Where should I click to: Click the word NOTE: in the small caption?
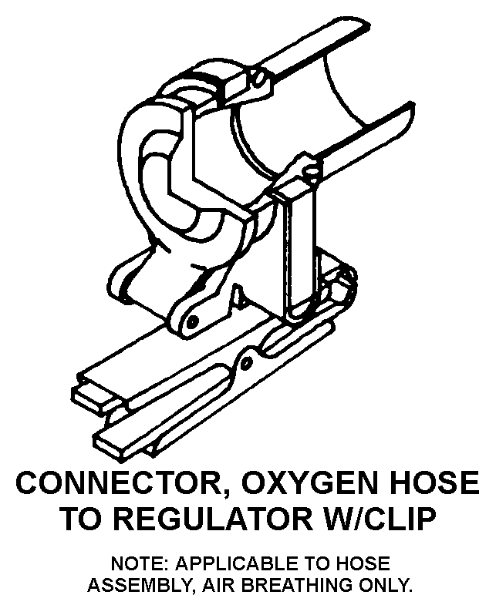tap(138, 563)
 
